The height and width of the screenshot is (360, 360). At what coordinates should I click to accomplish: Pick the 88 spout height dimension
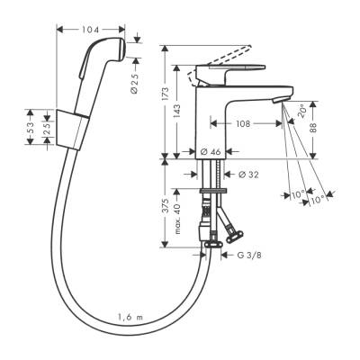[x=313, y=127]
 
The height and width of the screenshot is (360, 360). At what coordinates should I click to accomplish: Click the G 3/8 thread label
[x=248, y=256]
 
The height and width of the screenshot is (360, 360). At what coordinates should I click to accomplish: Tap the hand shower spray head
[x=100, y=58]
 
